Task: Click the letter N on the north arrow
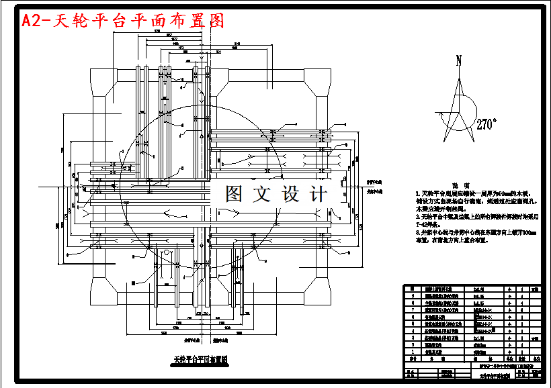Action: tap(460, 61)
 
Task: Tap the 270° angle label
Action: tap(486, 124)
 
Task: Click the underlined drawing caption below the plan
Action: tap(202, 359)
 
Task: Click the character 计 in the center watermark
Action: tap(319, 195)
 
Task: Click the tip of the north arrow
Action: tap(460, 69)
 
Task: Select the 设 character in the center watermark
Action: tap(291, 195)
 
